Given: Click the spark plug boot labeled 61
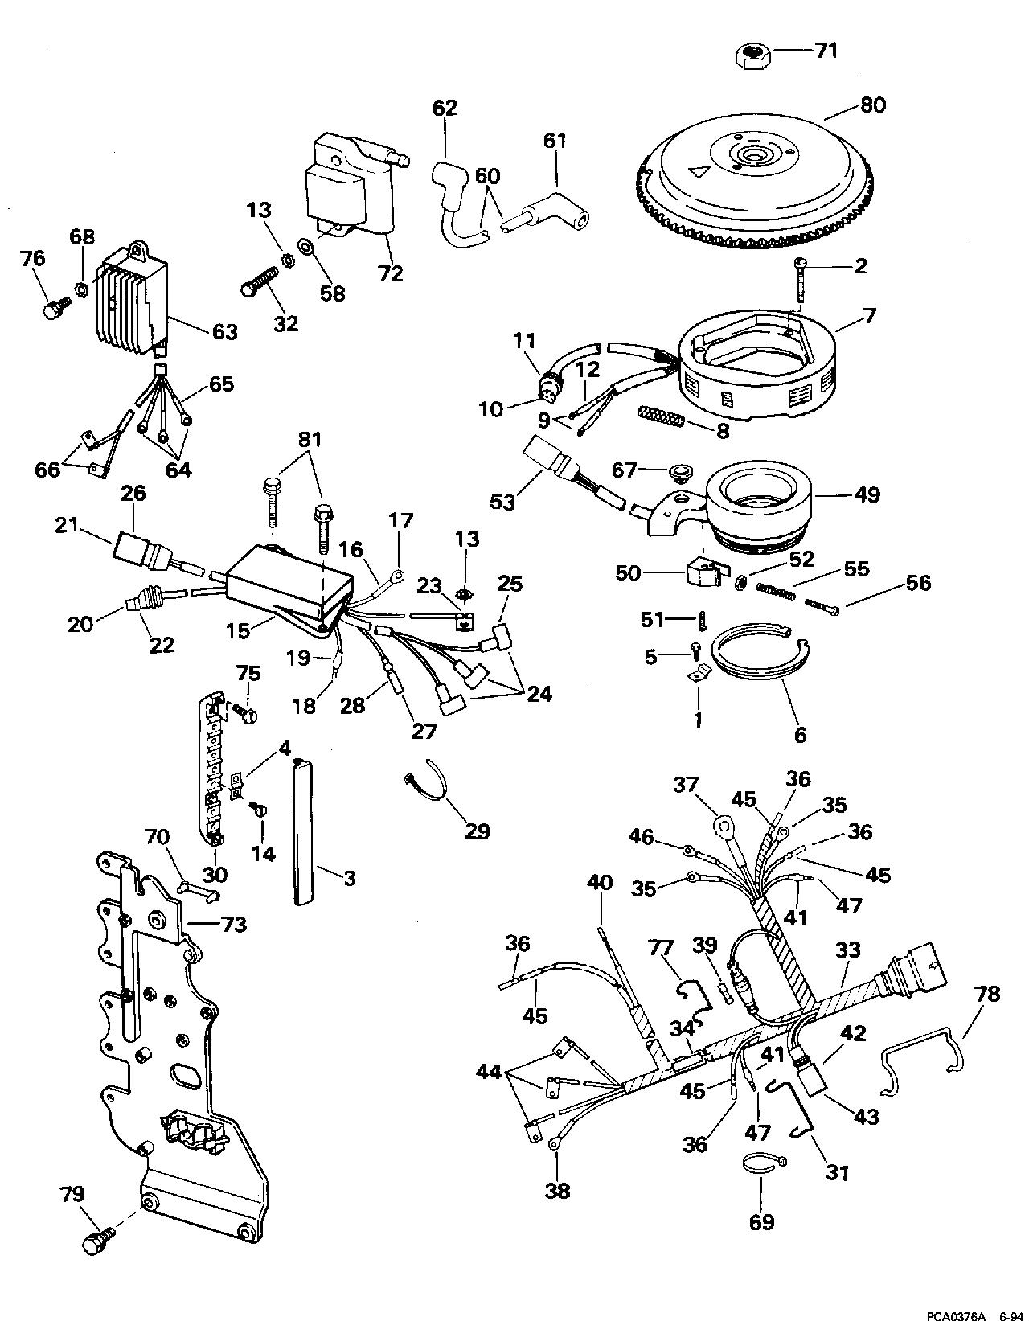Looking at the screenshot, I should click(x=547, y=204).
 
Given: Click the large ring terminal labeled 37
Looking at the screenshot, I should click(x=724, y=825).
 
